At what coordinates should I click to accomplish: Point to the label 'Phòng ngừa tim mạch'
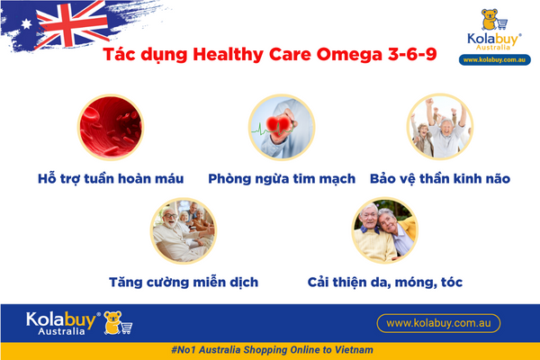(x=282, y=178)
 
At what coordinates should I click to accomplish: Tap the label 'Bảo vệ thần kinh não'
(x=440, y=178)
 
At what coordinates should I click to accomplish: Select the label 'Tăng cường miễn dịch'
(x=183, y=282)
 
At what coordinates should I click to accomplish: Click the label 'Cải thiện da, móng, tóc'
(x=384, y=282)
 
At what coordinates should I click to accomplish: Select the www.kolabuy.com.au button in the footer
(x=436, y=321)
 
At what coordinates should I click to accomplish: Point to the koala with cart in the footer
(x=117, y=322)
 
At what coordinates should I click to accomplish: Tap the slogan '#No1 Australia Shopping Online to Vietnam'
(x=270, y=349)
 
